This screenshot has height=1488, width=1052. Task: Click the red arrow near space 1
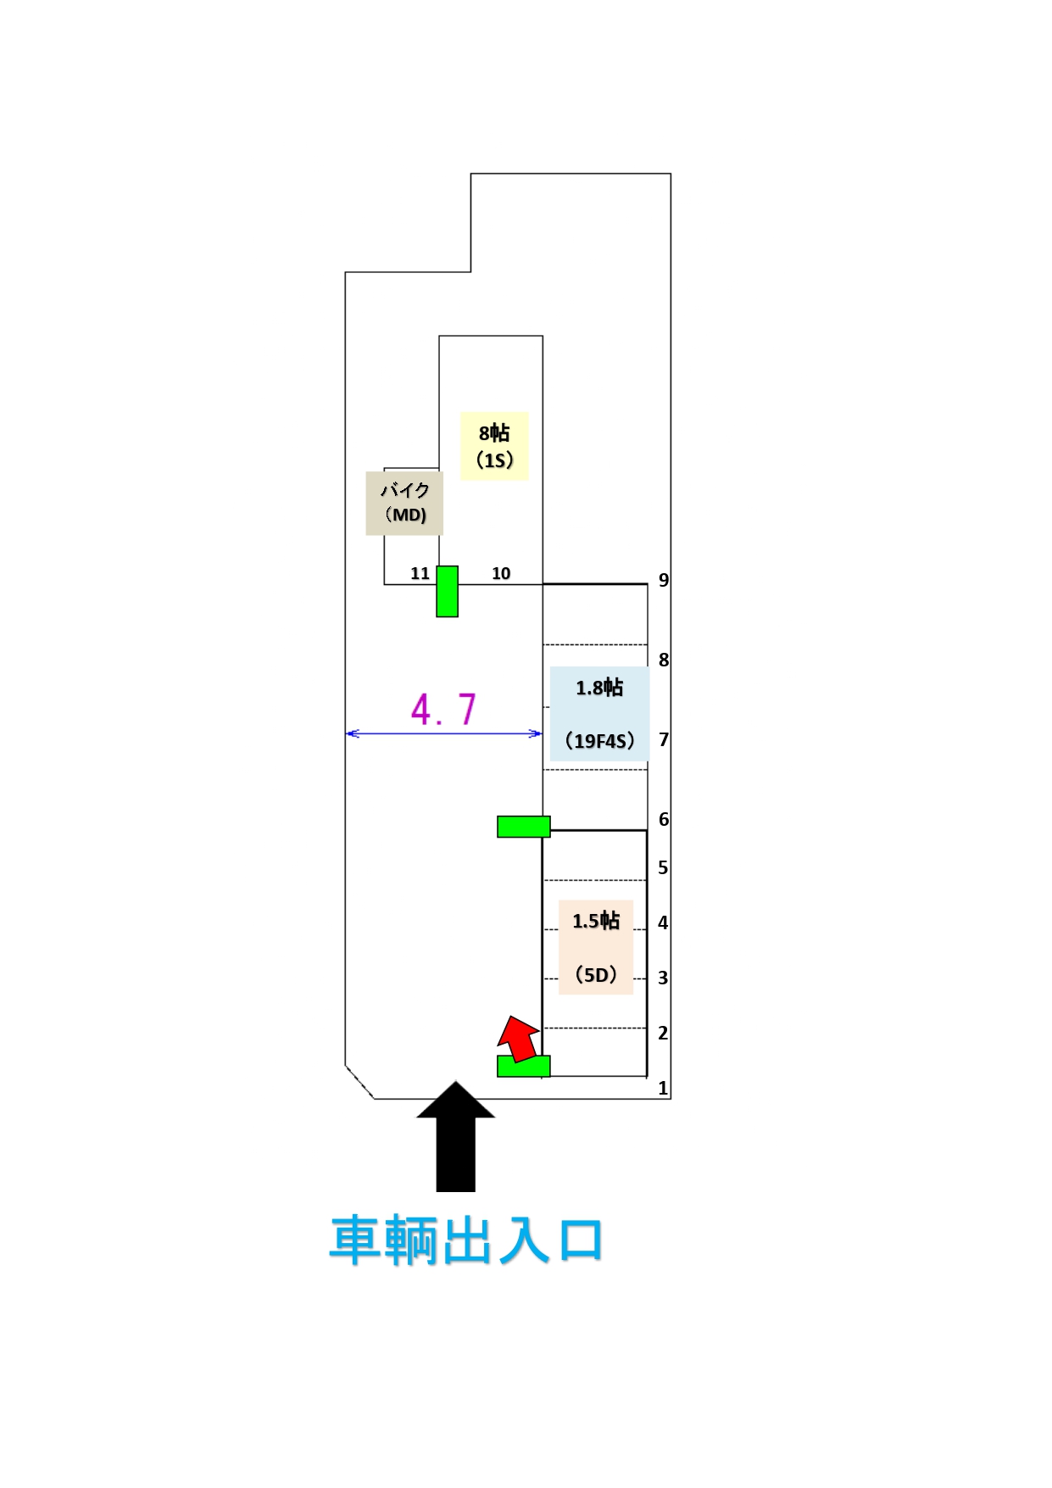(518, 1039)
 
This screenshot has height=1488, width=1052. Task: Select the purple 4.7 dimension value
(443, 710)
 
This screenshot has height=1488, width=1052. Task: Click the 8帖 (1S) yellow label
(494, 446)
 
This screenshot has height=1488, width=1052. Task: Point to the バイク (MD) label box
(404, 503)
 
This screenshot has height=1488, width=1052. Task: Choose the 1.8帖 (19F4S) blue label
(599, 713)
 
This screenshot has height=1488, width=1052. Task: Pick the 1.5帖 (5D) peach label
(596, 947)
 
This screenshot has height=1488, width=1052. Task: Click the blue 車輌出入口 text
(465, 1240)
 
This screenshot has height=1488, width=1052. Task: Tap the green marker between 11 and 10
(447, 591)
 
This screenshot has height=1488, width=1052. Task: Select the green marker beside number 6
(523, 827)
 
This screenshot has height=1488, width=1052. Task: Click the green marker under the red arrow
(523, 1067)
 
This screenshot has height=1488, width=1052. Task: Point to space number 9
(664, 581)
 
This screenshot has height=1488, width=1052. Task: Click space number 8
(664, 660)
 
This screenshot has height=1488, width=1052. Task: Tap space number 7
(664, 740)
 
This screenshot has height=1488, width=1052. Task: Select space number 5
(663, 868)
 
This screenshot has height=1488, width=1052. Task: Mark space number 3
(663, 978)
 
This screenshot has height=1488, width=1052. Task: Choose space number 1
(663, 1089)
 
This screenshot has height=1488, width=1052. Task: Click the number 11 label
(420, 574)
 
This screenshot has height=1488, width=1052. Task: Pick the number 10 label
(501, 574)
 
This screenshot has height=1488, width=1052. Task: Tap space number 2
(663, 1034)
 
